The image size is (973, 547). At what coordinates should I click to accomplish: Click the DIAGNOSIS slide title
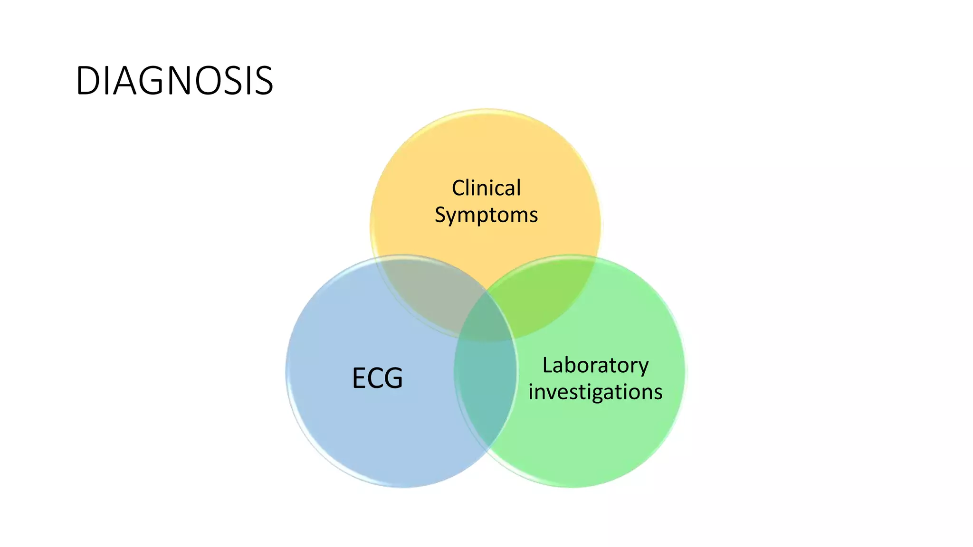[x=174, y=81]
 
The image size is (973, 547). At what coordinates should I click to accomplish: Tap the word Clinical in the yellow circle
[x=486, y=188]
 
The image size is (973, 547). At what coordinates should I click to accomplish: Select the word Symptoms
[x=486, y=215]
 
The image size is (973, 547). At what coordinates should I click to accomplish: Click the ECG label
[x=377, y=378]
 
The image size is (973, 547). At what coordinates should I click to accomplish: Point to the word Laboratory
[x=595, y=366]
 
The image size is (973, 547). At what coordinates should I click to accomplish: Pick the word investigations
[x=595, y=392]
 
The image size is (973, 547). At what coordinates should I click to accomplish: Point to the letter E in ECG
[x=359, y=378]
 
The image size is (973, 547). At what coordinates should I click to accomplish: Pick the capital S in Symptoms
[x=440, y=215]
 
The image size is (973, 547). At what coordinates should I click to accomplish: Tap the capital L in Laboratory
[x=547, y=366]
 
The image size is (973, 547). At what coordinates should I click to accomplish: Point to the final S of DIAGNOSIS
[x=264, y=81]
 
